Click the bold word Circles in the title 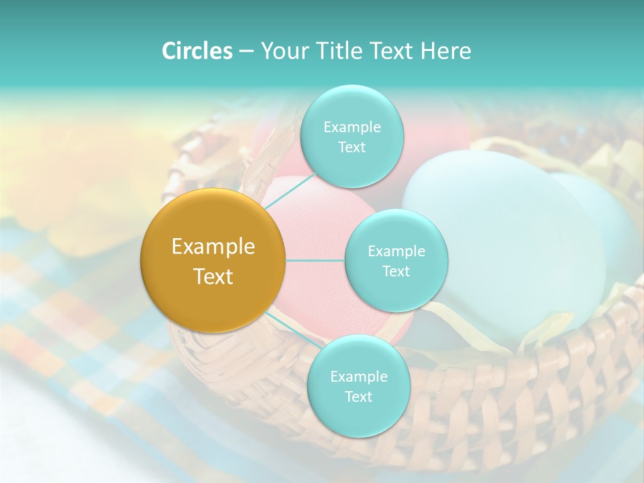(x=197, y=51)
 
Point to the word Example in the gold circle (x=213, y=247)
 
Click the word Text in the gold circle (x=213, y=276)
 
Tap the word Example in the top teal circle (x=352, y=127)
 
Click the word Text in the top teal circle (x=352, y=148)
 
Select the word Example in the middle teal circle (x=396, y=252)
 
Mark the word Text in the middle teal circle (x=396, y=272)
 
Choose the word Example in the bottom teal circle (x=358, y=376)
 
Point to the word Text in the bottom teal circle (x=358, y=396)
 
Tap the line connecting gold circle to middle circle (x=315, y=260)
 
